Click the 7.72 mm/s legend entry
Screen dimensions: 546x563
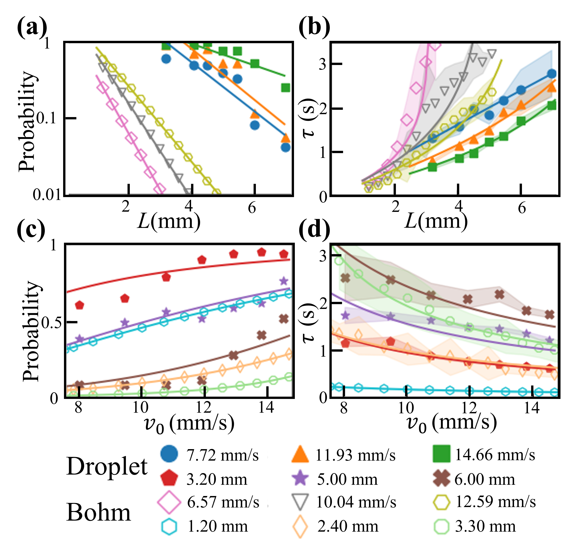click(223, 455)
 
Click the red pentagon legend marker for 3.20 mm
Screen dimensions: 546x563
click(169, 479)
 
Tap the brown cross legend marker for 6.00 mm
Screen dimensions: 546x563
click(441, 479)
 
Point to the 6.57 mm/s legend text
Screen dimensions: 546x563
click(223, 502)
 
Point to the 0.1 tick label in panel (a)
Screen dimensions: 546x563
click(51, 118)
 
